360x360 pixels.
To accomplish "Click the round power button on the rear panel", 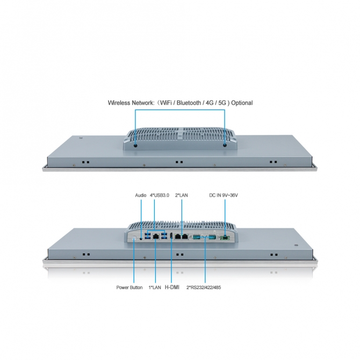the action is tap(134, 239).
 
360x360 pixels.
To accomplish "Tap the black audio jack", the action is tap(141, 239).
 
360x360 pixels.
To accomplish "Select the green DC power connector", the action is tap(225, 238).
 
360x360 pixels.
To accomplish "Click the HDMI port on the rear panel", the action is tap(171, 236).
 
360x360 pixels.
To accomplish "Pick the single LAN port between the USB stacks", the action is tap(156, 236).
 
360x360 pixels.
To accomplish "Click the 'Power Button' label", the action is tap(129, 287).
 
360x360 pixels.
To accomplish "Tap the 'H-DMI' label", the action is tap(172, 287).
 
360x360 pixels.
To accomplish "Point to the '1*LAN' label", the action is tap(155, 287).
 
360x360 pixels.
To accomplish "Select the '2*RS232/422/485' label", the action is tap(204, 287).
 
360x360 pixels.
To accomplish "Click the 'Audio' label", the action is tap(141, 195).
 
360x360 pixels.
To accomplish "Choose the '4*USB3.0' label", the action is tap(160, 195).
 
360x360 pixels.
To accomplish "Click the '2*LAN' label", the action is tap(182, 195).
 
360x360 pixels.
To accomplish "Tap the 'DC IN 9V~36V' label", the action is tap(224, 195).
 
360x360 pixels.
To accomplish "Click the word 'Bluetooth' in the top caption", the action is tap(189, 103).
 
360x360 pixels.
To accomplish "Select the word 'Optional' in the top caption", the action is tap(242, 103).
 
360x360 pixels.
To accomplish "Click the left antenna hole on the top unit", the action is tap(135, 145).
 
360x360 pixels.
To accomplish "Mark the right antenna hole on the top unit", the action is tap(225, 145).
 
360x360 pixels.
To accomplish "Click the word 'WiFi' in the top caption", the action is tap(166, 103).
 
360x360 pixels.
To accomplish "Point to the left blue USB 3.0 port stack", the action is tap(148, 236).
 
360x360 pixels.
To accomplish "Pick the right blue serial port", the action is tap(212, 237).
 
